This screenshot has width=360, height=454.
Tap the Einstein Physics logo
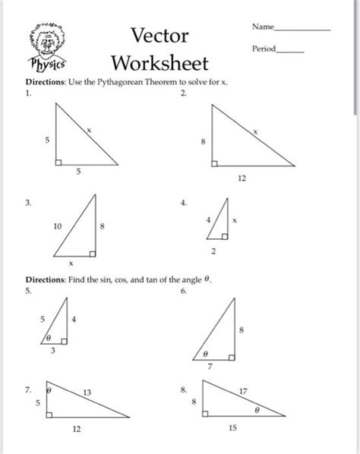(48, 47)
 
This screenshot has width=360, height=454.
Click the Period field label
(265, 49)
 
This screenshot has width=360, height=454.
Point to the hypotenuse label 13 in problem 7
(87, 392)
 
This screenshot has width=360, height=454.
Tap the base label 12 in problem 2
(242, 180)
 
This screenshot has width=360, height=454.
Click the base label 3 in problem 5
(54, 352)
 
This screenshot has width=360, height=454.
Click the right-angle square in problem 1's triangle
(58, 161)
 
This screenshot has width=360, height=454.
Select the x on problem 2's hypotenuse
(255, 131)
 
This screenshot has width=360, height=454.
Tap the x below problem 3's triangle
(71, 263)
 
